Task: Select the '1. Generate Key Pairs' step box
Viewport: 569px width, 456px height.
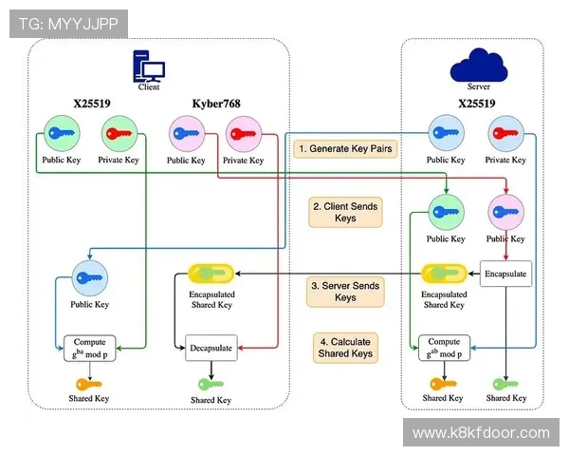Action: (x=345, y=148)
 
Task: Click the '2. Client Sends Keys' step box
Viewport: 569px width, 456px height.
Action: (x=345, y=211)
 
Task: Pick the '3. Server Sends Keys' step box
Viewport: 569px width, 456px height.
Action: (x=345, y=291)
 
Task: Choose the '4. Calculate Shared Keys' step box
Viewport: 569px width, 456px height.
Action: (x=345, y=348)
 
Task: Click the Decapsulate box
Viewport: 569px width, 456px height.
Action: (x=210, y=349)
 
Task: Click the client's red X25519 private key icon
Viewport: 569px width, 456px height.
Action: (x=119, y=134)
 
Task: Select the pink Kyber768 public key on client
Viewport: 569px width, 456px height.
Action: (x=186, y=134)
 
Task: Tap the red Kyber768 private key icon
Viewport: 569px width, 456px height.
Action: (x=243, y=134)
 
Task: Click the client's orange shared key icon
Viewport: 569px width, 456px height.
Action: (x=89, y=384)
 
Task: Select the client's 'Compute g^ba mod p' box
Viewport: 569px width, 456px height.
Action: (x=89, y=348)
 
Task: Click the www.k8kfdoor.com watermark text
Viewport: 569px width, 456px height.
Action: (x=481, y=433)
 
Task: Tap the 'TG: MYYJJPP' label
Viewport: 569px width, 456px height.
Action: (x=67, y=24)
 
